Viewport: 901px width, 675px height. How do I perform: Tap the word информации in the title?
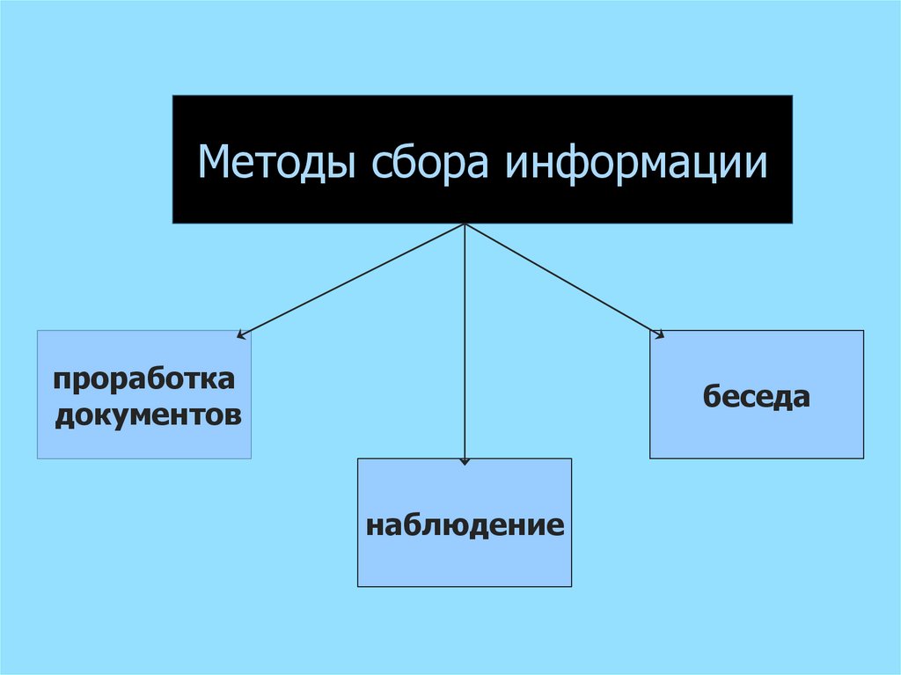tap(636, 163)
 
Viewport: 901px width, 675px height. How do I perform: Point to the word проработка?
tap(144, 380)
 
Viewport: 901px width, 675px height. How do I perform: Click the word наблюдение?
tap(465, 525)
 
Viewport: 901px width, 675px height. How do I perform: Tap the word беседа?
tap(756, 396)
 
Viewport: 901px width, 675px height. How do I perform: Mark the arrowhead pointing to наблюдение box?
tap(465, 460)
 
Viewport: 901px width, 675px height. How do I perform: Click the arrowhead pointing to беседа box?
tap(659, 333)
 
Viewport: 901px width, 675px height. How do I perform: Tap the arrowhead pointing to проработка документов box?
tap(241, 334)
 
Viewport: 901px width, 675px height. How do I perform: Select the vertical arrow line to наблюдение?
tap(465, 352)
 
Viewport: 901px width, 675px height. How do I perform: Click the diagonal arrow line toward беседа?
tap(563, 279)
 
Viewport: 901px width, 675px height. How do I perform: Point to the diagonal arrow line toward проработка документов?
tap(352, 279)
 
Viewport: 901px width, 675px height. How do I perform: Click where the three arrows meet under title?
tap(465, 224)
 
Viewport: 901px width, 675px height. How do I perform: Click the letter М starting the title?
tap(211, 162)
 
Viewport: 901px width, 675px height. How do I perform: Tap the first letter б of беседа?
tap(712, 396)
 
